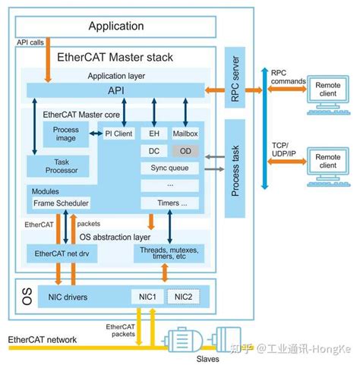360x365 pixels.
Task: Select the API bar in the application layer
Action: tap(115, 91)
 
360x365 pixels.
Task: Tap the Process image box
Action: tap(66, 135)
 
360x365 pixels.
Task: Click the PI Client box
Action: tap(118, 133)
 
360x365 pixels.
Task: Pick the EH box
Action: tap(152, 133)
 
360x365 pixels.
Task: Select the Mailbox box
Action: tap(185, 133)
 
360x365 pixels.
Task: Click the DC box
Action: tap(152, 150)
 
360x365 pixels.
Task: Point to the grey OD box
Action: tap(185, 150)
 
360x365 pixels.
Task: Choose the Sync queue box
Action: tap(169, 167)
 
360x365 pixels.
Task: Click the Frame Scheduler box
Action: tap(61, 203)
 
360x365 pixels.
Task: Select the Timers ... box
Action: tap(169, 203)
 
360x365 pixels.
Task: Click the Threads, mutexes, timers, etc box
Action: tap(169, 252)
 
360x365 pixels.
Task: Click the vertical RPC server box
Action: tap(235, 79)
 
